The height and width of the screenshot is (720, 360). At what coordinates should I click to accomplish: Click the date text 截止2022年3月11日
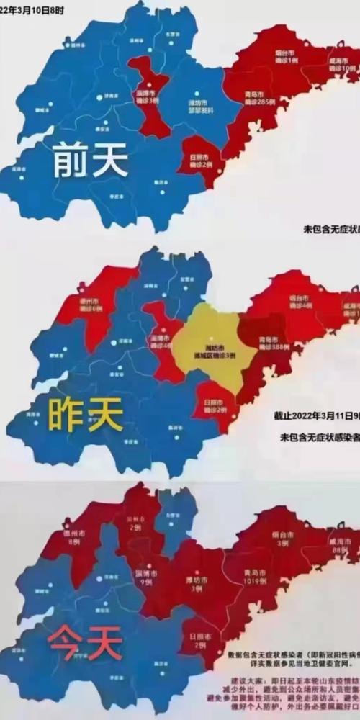coord(315,417)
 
